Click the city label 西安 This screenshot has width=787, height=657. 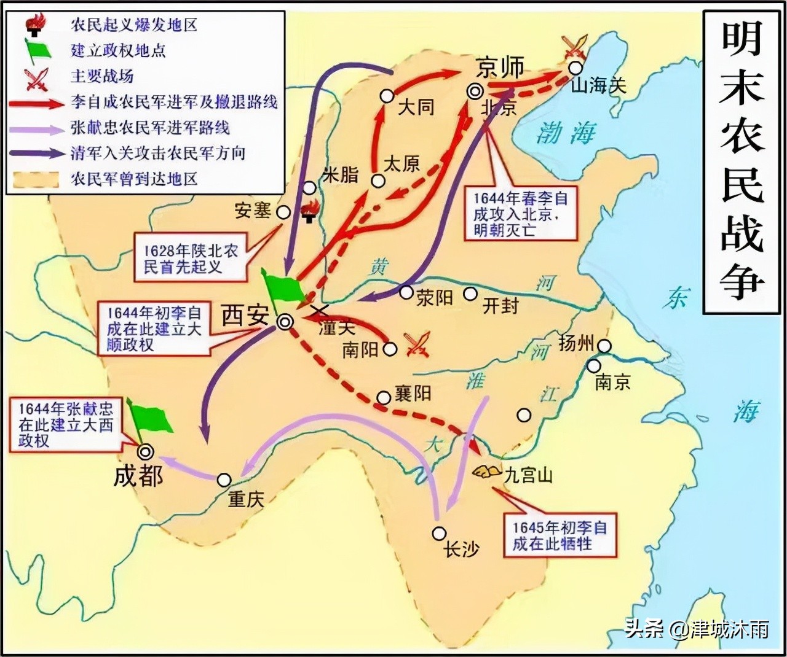pyautogui.click(x=245, y=316)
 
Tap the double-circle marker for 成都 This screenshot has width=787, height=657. pyautogui.click(x=146, y=453)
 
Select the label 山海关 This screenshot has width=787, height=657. pyautogui.click(x=598, y=85)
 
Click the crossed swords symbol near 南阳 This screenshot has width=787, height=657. pyautogui.click(x=417, y=344)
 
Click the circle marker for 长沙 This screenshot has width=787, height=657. pyautogui.click(x=439, y=533)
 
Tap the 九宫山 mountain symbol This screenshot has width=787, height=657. pyautogui.click(x=487, y=472)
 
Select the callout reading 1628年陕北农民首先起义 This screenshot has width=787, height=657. pyautogui.click(x=191, y=259)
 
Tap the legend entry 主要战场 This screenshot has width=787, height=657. pyautogui.click(x=102, y=76)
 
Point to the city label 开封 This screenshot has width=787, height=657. pyautogui.click(x=500, y=305)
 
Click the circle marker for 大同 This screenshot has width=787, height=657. pyautogui.click(x=387, y=96)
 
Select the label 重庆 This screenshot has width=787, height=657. pyautogui.click(x=246, y=499)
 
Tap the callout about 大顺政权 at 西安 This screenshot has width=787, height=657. pyautogui.click(x=154, y=328)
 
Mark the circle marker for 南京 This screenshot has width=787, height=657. pyautogui.click(x=593, y=366)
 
